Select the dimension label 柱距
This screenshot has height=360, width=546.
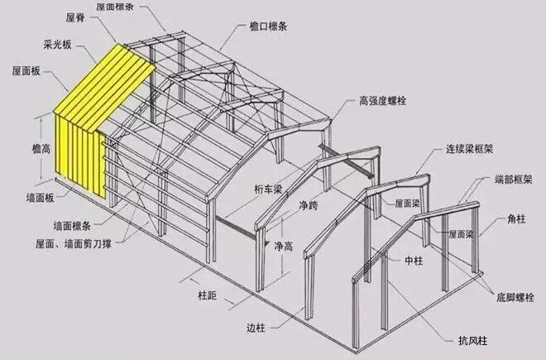207,293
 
